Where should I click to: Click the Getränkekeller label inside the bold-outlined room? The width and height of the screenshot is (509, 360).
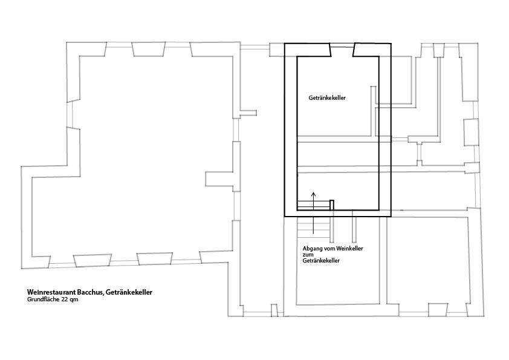click(327, 98)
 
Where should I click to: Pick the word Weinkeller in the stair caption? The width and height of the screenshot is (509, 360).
click(349, 249)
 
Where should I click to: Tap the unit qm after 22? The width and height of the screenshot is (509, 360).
click(74, 300)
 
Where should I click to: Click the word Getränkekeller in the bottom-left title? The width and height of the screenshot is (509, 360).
click(129, 292)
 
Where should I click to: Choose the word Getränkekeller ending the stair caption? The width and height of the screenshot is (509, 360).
click(321, 261)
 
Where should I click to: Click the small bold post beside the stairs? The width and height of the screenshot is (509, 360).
click(332, 205)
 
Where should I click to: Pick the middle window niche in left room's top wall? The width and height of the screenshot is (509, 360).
click(148, 49)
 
